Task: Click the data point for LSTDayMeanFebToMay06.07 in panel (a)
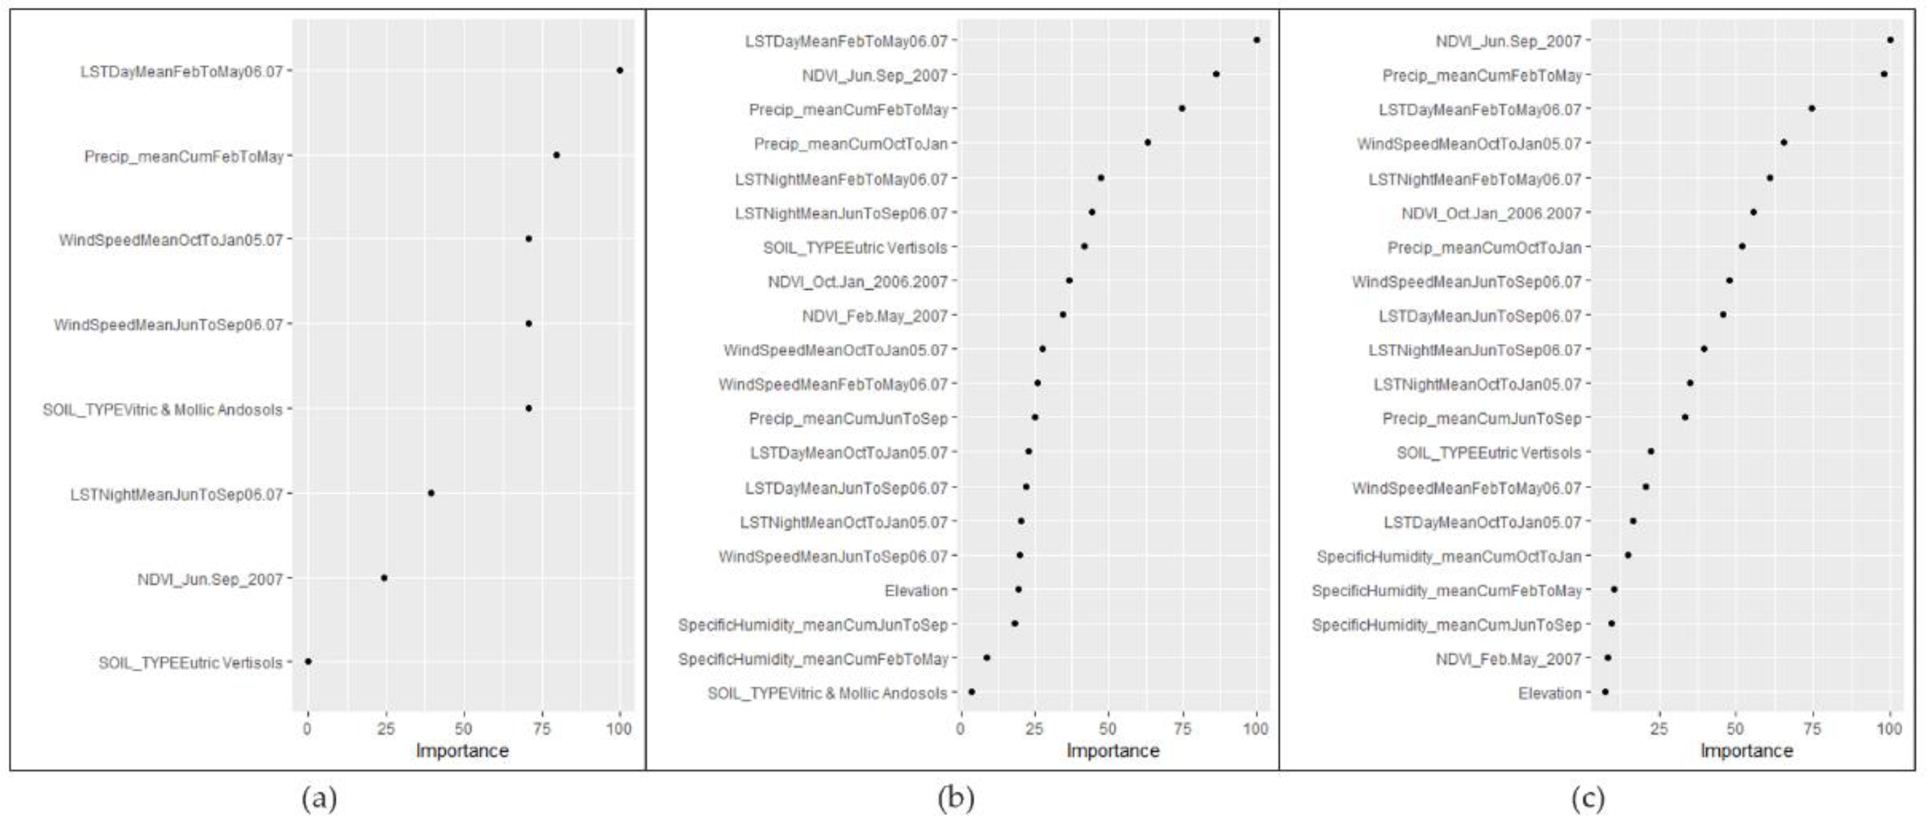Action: pos(619,70)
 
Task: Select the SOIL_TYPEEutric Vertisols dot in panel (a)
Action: pos(308,662)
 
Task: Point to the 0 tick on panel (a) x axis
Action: pos(308,728)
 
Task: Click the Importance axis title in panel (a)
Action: pos(462,751)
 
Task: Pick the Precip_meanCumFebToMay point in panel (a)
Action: pos(556,155)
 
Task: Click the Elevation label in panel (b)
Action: pos(916,591)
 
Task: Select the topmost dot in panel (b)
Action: pos(1256,40)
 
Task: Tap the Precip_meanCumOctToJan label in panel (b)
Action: pos(851,144)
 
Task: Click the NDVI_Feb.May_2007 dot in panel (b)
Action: pos(1062,315)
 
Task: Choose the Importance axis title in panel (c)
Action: pos(1747,751)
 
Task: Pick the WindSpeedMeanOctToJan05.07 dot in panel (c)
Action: pos(1783,143)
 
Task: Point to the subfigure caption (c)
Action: pos(1588,799)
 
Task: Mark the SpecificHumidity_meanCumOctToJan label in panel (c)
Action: pos(1449,557)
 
